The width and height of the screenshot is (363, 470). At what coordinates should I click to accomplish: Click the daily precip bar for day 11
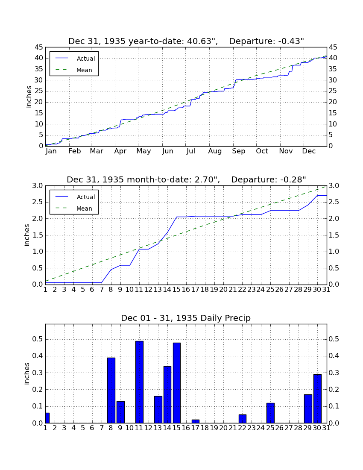[x=139, y=382]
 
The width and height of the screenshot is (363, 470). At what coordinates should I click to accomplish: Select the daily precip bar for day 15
[x=177, y=383]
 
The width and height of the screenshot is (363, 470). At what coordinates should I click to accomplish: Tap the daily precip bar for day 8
[x=111, y=390]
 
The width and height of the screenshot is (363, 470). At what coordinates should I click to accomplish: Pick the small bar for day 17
[x=196, y=421]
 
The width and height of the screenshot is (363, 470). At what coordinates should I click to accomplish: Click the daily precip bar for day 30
[x=317, y=399]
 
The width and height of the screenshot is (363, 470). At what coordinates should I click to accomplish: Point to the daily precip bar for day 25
[x=270, y=413]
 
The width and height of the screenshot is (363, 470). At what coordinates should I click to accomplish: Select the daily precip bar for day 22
[x=242, y=419]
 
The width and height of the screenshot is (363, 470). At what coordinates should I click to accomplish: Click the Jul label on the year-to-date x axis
[x=191, y=151]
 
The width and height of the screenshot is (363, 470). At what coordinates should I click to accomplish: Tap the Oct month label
[x=262, y=151]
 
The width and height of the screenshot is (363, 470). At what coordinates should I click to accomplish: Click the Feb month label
[x=75, y=151]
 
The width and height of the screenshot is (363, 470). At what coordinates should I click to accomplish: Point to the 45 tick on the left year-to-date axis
[x=39, y=47]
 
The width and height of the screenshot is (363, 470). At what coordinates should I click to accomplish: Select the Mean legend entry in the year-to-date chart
[x=74, y=70]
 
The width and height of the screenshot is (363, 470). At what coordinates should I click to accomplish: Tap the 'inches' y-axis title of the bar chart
[x=27, y=373]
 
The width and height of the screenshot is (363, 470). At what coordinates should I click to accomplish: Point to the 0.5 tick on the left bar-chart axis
[x=38, y=339]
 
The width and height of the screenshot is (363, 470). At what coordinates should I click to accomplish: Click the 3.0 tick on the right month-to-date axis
[x=334, y=186]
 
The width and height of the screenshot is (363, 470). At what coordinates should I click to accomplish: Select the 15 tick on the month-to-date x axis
[x=177, y=290]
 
